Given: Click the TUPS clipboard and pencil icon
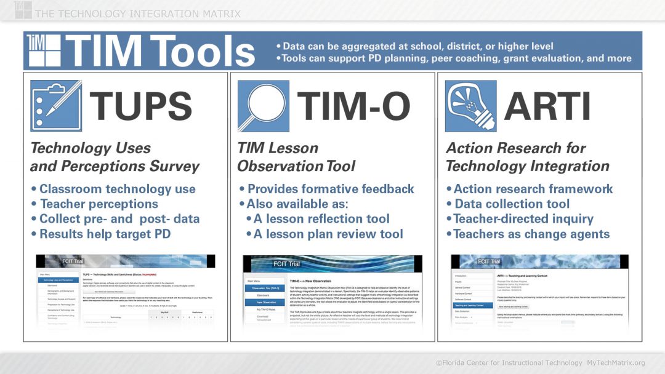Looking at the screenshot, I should click(x=56, y=106).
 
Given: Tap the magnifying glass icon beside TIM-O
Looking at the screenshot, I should click(x=264, y=106).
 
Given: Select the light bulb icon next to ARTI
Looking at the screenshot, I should click(x=470, y=106).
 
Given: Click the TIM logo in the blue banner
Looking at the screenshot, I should click(x=44, y=50).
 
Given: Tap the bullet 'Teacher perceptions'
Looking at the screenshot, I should click(x=99, y=204).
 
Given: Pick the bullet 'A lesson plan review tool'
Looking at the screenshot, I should click(x=328, y=234).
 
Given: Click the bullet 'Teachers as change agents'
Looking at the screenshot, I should click(x=531, y=234).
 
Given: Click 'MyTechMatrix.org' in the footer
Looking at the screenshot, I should click(x=616, y=363).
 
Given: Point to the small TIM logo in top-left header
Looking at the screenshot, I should click(x=23, y=9).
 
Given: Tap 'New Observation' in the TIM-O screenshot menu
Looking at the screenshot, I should click(x=266, y=302).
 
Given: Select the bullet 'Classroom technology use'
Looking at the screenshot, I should click(x=117, y=189).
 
